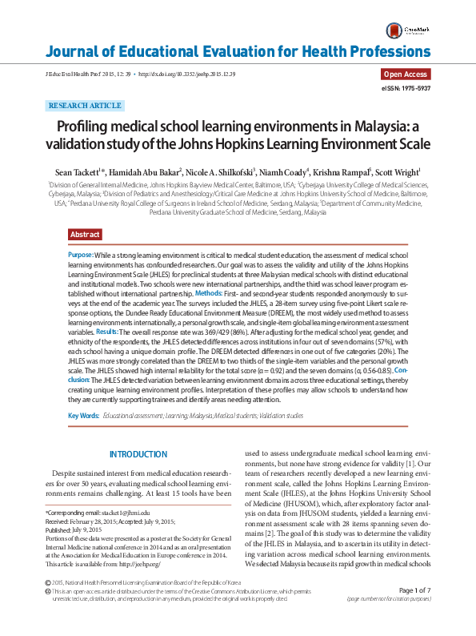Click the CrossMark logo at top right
click(406, 30)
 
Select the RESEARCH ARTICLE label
click(86, 106)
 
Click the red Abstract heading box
click(85, 235)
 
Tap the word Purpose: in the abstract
click(81, 254)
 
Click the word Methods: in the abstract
click(209, 294)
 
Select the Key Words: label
click(84, 416)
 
